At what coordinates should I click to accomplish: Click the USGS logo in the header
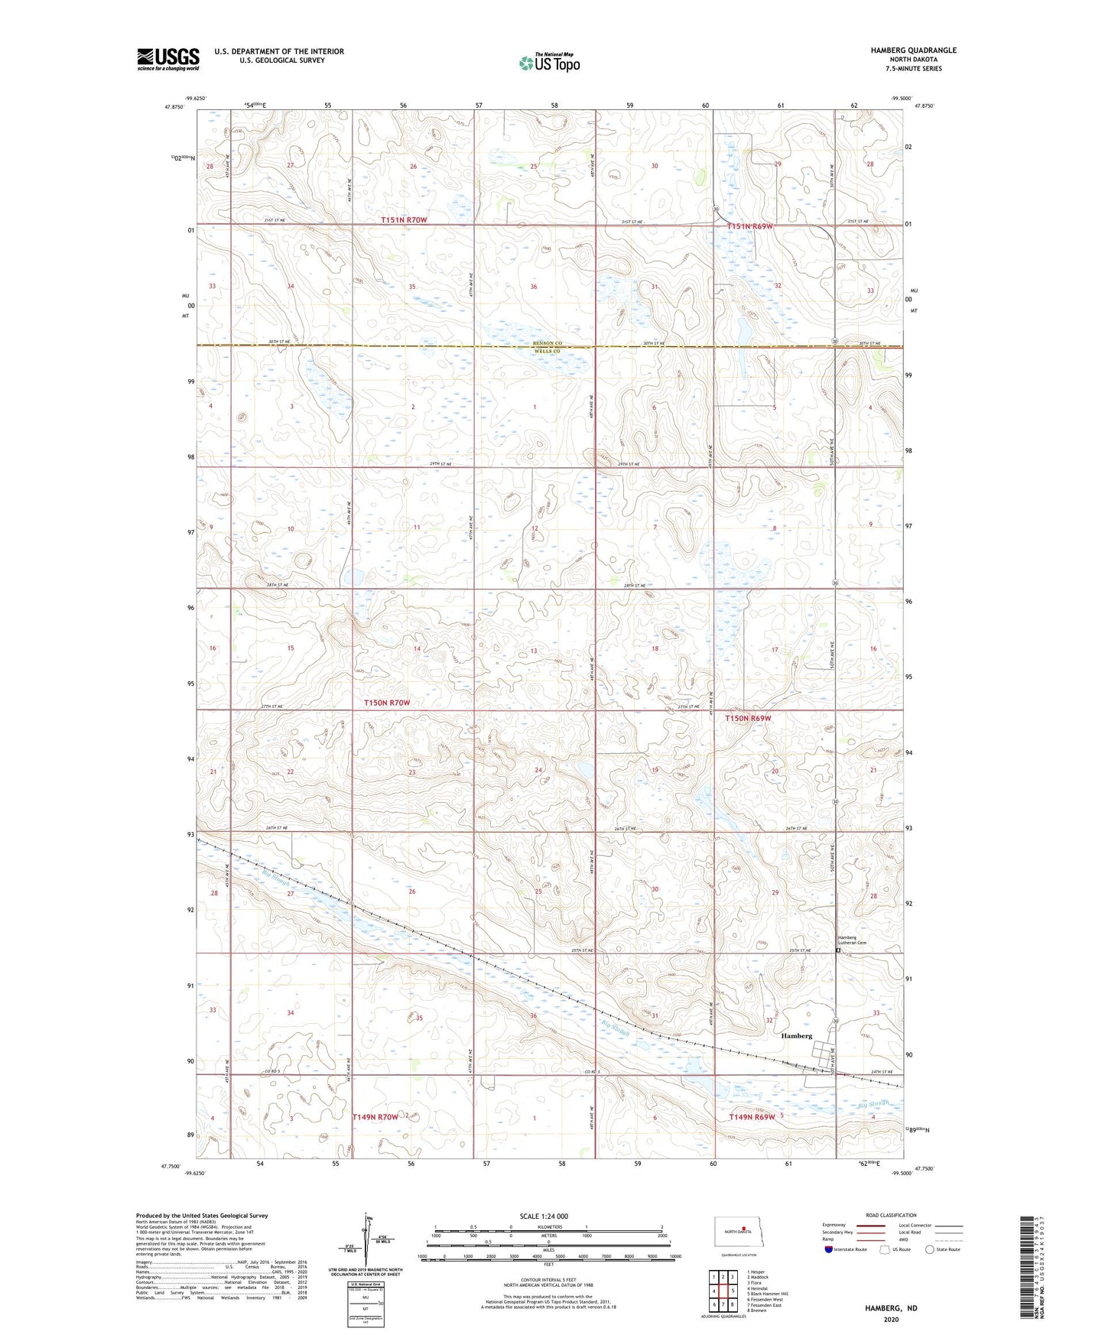pos(168,59)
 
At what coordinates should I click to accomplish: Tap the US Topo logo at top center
pos(549,63)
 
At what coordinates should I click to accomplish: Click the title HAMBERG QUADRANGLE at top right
pos(912,50)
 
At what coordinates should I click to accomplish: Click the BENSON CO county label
pos(548,343)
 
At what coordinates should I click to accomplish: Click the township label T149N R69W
pos(752,1116)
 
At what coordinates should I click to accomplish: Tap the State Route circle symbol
pos(930,1249)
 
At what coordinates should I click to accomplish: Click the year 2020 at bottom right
pos(891,1319)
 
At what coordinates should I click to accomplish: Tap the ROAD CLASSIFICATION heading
pos(891,1215)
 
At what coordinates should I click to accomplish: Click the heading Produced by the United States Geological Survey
pos(202,1215)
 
